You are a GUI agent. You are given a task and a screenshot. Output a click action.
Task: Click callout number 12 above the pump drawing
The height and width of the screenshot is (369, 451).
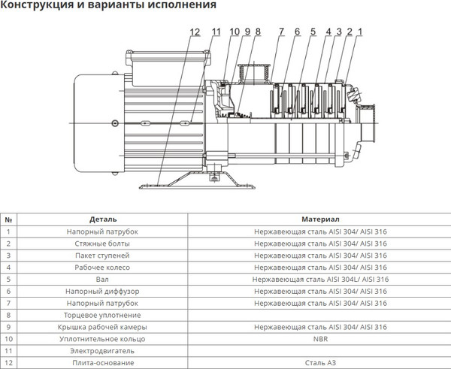[195, 32]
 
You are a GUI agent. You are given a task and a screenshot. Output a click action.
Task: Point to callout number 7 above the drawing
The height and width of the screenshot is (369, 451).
[281, 32]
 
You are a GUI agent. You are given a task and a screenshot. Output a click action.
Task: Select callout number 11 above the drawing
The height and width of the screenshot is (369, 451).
[217, 32]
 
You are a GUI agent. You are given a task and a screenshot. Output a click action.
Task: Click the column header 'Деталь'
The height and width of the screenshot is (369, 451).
[103, 219]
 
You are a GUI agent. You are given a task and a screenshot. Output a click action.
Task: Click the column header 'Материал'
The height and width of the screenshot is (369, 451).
[322, 219]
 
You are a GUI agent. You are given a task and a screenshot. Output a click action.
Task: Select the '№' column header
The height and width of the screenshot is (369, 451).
[8, 219]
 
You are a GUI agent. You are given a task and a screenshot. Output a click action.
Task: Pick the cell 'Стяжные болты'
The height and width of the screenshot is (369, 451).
[103, 243]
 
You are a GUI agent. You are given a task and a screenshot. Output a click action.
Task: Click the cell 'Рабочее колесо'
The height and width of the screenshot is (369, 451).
[103, 267]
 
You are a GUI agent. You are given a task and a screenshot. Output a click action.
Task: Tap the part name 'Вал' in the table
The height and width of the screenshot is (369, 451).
[103, 279]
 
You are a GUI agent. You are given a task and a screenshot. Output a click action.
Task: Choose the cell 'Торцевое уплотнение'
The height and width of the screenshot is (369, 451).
[103, 315]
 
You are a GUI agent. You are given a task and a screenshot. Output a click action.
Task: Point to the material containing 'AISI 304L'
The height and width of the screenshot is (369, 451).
[322, 279]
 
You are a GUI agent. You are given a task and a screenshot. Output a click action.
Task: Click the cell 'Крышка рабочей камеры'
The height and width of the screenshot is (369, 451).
[103, 327]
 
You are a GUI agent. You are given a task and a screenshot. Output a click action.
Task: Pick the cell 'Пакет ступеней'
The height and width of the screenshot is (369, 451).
[103, 256]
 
